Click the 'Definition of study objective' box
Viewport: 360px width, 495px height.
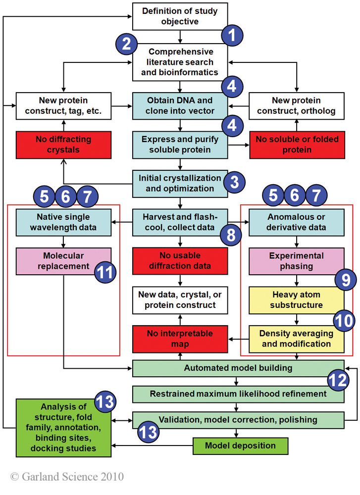(180, 16)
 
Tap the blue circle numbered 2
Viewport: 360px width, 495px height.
(127, 44)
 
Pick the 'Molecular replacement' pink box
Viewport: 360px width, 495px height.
(56, 260)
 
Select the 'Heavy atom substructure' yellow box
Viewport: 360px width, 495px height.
(296, 300)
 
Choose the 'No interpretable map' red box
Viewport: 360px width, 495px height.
(180, 339)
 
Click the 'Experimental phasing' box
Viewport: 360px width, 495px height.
(296, 261)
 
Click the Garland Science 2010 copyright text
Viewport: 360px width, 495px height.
(67, 477)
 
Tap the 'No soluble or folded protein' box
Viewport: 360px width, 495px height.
(297, 144)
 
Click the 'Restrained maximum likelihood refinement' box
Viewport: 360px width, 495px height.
(238, 394)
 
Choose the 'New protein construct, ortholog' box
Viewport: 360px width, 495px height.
(297, 105)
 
